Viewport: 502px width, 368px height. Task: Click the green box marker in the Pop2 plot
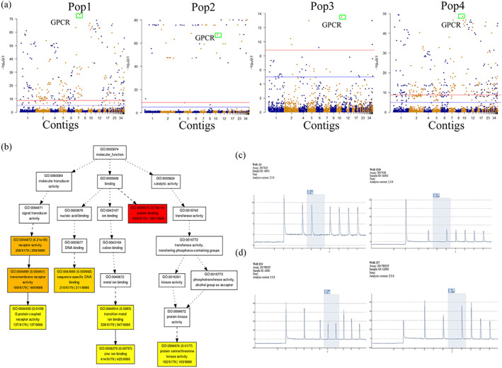pos(218,35)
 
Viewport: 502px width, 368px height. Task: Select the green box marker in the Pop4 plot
pos(462,16)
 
